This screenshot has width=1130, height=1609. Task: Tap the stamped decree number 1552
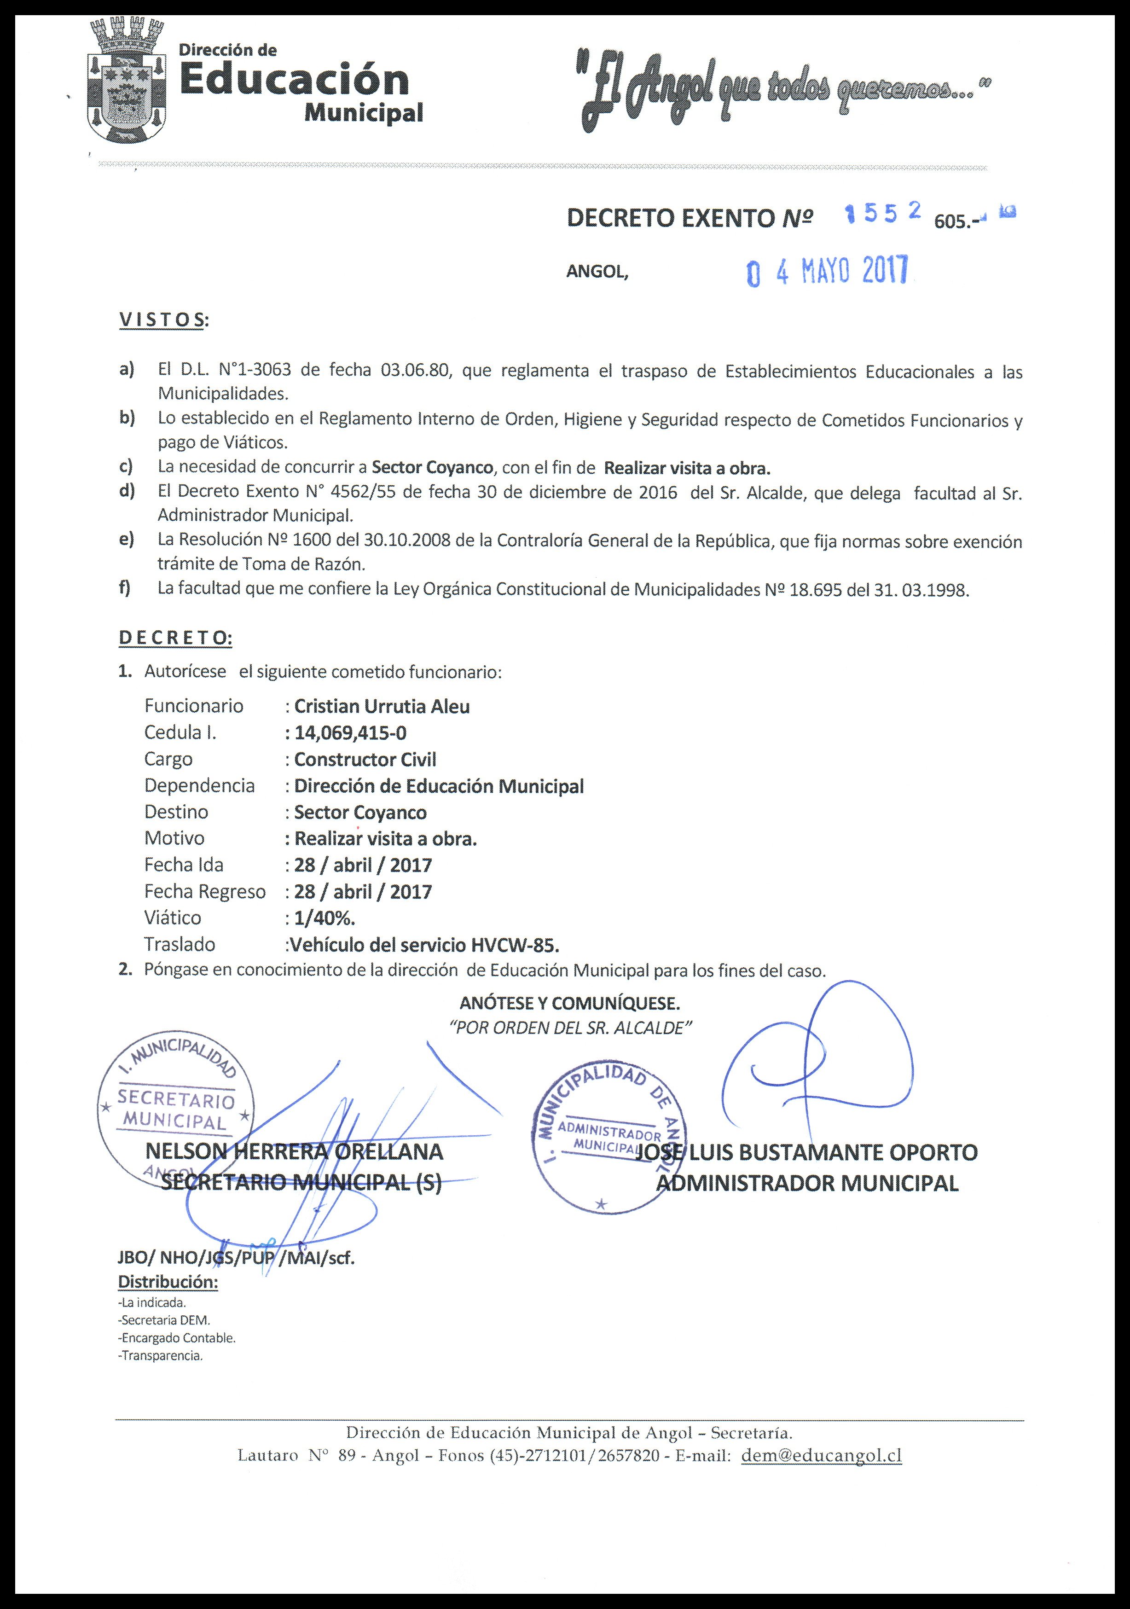tap(882, 214)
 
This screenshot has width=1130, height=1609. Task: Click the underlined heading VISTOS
tap(163, 320)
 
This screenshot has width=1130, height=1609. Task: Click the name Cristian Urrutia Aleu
tap(382, 706)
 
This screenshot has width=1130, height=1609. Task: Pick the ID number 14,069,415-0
tap(350, 732)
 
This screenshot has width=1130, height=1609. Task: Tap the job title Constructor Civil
tap(365, 759)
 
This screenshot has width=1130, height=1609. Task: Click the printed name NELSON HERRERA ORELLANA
tap(294, 1151)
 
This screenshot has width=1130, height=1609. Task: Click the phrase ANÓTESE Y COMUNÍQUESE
tap(569, 1004)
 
